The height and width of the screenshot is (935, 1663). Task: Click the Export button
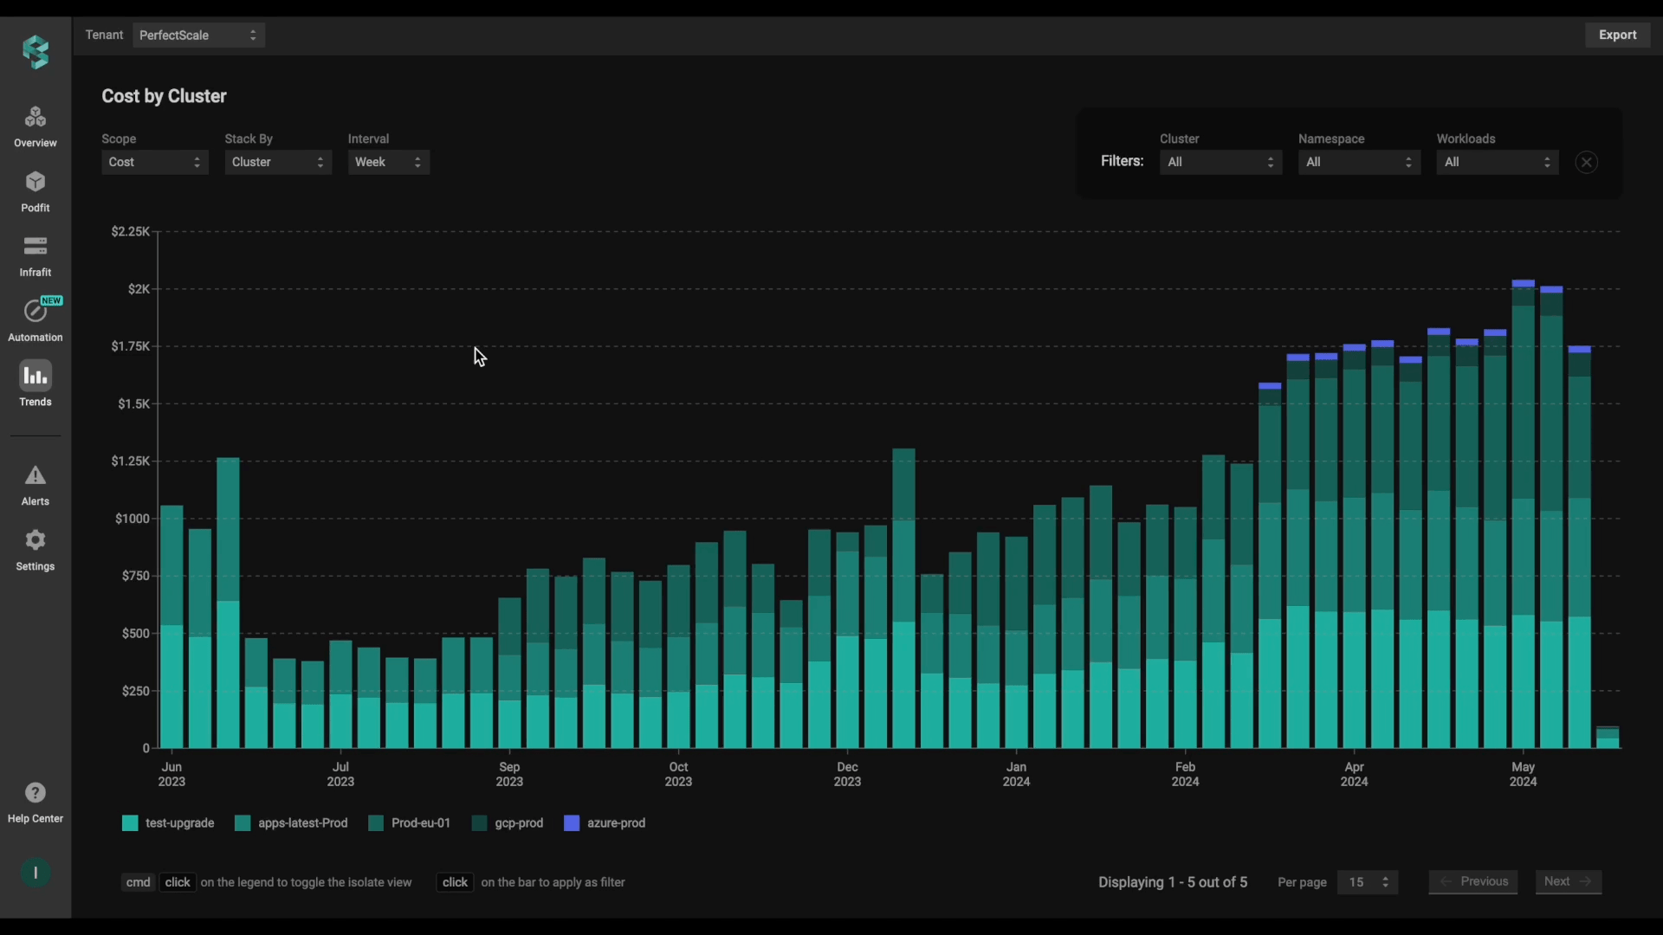(1617, 35)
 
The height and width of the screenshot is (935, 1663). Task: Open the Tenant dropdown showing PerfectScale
(198, 35)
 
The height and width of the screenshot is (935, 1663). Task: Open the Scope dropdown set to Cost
(155, 162)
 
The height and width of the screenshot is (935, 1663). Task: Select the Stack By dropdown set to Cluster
(278, 162)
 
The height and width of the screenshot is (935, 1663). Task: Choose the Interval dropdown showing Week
(389, 162)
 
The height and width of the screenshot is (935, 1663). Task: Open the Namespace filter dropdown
(1359, 162)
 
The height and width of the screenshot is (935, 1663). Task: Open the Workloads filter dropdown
(1498, 162)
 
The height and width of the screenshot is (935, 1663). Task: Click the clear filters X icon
(1587, 162)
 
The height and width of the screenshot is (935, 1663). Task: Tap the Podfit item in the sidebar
(36, 191)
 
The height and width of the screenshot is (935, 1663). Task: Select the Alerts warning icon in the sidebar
(36, 475)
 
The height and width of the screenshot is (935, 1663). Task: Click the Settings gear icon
(36, 540)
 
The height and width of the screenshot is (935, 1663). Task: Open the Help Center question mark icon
(36, 793)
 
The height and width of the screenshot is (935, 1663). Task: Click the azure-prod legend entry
(605, 823)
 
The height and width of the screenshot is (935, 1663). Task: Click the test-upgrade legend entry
(168, 823)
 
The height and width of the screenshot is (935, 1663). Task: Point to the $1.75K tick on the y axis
(131, 346)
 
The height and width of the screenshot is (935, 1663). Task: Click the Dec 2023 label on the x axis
(847, 774)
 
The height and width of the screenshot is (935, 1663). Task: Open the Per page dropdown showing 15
(1368, 882)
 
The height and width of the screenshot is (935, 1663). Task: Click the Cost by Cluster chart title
(164, 96)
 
